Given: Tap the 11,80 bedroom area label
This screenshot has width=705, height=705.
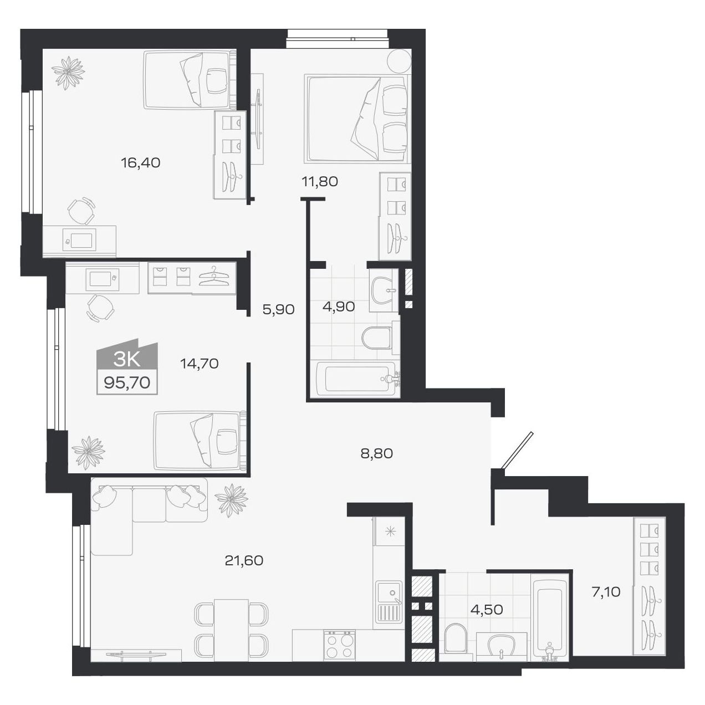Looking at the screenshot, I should pos(319,181).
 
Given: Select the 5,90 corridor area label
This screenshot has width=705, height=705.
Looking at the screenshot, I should pos(278,309).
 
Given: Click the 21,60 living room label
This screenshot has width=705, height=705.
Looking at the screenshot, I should pos(244,560).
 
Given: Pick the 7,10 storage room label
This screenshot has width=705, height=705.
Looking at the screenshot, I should pos(606,592).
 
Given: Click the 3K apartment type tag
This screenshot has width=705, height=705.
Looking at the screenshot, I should pos(126,360).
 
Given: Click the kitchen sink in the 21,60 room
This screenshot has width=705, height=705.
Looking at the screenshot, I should pos(388,593).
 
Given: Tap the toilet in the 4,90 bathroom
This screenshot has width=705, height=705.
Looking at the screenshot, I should pos(377,338).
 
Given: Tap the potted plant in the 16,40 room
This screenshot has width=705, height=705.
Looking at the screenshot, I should pos(68,73).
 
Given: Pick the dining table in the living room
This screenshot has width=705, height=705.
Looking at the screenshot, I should pos(231,630).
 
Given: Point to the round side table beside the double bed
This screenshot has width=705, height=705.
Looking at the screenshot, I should pos(399,60).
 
